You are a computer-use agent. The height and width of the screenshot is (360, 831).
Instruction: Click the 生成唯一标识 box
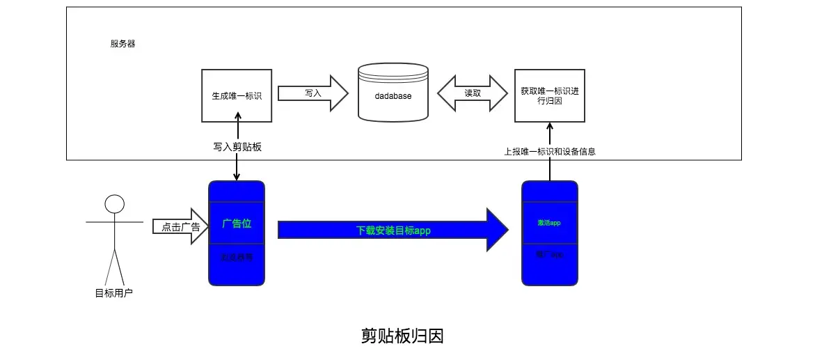tap(237, 95)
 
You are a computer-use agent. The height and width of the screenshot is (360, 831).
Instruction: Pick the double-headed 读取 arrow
tap(473, 93)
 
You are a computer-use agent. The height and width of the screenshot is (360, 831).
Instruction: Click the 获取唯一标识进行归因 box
tap(549, 95)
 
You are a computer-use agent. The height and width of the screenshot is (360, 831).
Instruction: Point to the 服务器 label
tap(122, 44)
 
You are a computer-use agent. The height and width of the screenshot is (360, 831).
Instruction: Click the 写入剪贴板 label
tap(237, 147)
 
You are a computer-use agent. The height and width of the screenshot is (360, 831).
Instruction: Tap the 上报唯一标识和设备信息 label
tap(549, 151)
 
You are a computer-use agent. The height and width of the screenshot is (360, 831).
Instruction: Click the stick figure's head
tap(114, 204)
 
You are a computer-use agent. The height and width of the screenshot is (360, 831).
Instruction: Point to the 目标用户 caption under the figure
tap(113, 293)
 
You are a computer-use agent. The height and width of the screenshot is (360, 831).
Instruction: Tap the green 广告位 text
tap(237, 224)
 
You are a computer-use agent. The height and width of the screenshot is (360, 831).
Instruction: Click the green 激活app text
tap(549, 223)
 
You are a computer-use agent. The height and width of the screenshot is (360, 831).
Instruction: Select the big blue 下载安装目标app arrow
tap(390, 230)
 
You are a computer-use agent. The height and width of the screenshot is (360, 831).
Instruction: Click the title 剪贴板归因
tap(402, 336)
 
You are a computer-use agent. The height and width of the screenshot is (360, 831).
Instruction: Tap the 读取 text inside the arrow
tap(473, 93)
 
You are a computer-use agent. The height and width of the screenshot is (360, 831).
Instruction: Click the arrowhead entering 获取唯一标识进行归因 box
tap(549, 127)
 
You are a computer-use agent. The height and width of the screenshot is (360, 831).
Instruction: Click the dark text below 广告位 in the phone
tap(237, 257)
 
